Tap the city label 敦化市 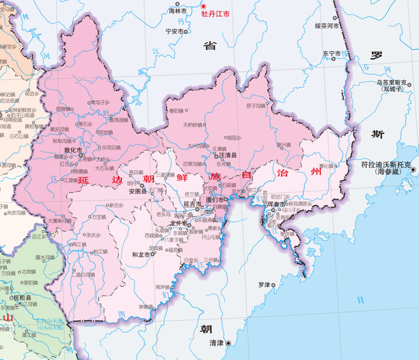72,150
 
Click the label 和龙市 141,254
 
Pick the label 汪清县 228,156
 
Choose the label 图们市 215,199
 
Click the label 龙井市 179,223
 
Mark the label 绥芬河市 326,26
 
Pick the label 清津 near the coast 217,343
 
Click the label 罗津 264,284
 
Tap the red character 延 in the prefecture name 83,179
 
